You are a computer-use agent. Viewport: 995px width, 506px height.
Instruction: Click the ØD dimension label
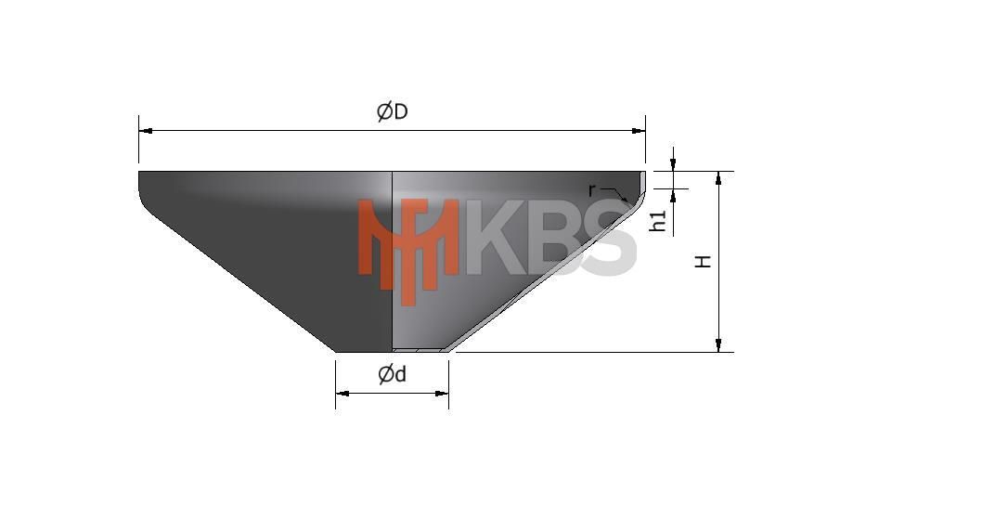(393, 112)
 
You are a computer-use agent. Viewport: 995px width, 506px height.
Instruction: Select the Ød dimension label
(393, 375)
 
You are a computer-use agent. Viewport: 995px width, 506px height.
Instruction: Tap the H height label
(704, 261)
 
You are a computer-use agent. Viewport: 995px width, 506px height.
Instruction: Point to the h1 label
(659, 220)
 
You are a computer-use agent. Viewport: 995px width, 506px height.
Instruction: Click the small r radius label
(591, 189)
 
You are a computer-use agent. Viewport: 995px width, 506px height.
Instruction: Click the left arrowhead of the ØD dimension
(146, 131)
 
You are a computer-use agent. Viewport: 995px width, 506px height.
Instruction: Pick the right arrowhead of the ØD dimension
(639, 131)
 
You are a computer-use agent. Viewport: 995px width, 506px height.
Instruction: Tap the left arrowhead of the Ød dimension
(342, 394)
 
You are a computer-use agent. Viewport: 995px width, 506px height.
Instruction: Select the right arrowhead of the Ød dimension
(443, 394)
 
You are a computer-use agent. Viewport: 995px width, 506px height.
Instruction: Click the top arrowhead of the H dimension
(718, 177)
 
